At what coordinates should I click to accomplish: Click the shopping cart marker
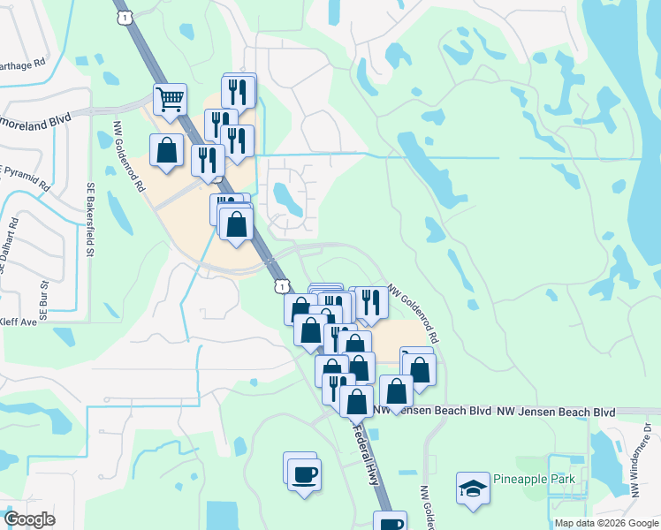(x=170, y=99)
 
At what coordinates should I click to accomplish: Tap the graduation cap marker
(x=473, y=487)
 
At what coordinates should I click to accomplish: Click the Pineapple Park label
(x=534, y=480)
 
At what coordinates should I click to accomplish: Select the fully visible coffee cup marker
(x=304, y=474)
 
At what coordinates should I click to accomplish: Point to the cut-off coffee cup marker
(x=390, y=522)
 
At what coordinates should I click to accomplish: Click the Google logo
(x=29, y=519)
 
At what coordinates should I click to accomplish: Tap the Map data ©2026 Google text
(x=606, y=523)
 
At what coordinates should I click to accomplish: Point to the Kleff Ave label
(x=19, y=322)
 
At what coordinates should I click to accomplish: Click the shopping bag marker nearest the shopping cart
(x=166, y=150)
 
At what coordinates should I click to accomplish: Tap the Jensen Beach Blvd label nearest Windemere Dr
(x=556, y=413)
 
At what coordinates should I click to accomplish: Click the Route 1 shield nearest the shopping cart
(x=125, y=18)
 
